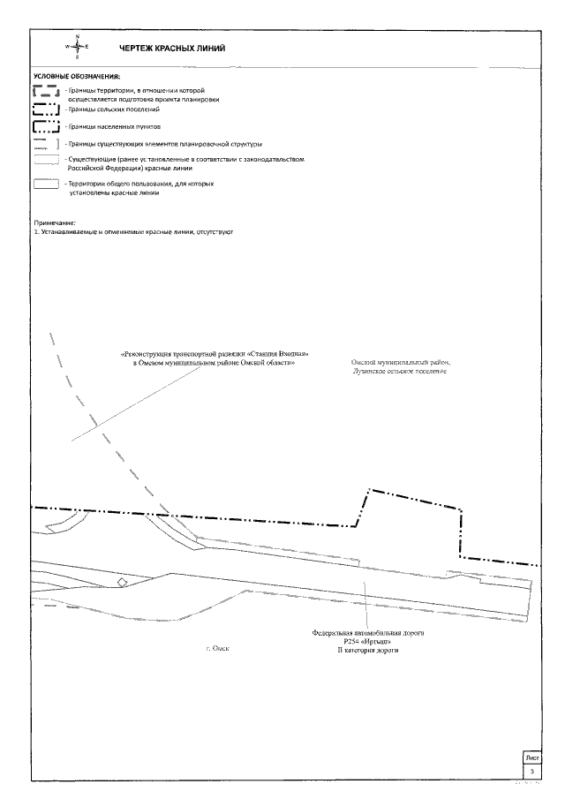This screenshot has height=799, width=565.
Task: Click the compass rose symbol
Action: click(78, 47)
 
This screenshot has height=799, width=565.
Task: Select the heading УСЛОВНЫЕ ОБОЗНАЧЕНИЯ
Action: click(76, 77)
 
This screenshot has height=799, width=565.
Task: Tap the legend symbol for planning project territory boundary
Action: click(46, 92)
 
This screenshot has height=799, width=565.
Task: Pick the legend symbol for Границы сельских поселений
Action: click(46, 110)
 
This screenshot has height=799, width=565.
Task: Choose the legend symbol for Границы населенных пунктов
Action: click(46, 128)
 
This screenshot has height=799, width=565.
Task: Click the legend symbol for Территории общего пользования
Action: click(46, 184)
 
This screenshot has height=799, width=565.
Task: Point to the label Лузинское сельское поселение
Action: click(399, 372)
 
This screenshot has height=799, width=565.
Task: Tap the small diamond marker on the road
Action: click(124, 583)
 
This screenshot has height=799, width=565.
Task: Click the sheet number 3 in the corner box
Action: click(531, 771)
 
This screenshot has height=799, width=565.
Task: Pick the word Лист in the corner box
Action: click(531, 758)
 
